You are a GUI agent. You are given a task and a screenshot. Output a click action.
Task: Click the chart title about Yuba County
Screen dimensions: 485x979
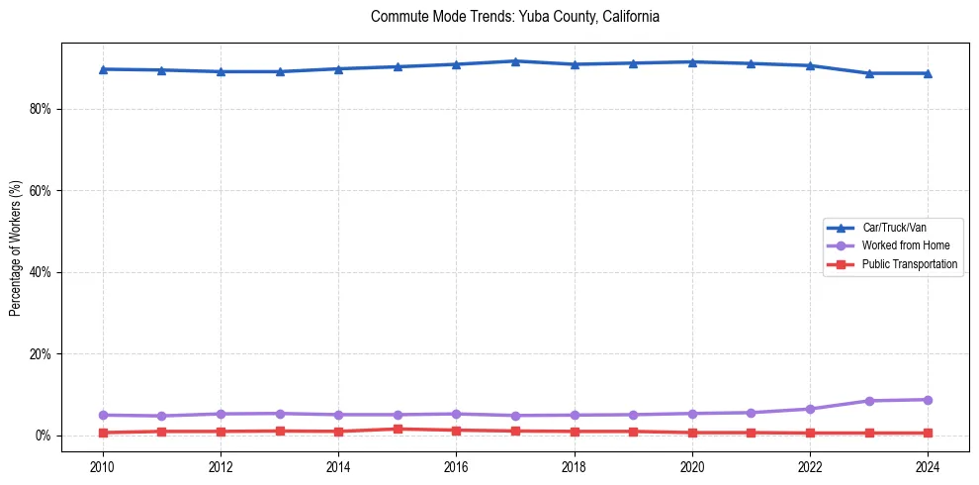514,17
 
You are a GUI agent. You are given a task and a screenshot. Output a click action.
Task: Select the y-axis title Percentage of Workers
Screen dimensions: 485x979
15,247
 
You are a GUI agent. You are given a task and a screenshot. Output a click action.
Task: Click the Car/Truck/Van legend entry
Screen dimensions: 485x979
894,228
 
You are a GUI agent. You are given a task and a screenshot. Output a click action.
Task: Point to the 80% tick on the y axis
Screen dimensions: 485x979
39,109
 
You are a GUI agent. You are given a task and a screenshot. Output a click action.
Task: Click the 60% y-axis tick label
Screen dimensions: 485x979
39,190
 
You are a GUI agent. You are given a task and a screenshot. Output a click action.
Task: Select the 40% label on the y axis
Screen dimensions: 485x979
39,272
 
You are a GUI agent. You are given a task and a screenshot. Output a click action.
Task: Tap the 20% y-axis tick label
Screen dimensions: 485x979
39,354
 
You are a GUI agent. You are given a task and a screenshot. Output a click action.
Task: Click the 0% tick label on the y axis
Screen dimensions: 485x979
42,436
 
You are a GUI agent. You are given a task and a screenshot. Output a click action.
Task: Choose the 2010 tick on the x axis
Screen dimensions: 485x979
102,465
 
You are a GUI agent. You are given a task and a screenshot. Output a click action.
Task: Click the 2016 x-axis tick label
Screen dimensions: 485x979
456,465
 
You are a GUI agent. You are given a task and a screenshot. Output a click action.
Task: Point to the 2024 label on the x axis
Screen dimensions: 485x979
928,465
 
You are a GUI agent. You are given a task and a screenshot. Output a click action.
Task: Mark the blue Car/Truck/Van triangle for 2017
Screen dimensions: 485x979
515,61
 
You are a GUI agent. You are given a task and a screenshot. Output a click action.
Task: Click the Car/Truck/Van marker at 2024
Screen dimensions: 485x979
928,73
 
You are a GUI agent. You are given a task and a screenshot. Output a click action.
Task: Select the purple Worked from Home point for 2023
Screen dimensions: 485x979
869,401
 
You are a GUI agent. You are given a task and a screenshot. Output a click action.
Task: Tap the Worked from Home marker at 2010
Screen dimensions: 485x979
102,415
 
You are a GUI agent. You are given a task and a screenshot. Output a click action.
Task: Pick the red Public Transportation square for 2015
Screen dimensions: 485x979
398,429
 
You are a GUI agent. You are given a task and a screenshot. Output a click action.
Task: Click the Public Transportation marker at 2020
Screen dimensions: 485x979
692,433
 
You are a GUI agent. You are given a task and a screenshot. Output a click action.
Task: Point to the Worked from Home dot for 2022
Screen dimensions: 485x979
810,409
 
